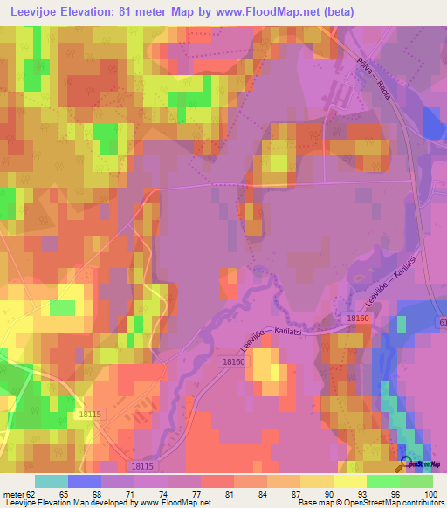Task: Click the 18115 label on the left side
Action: (x=90, y=415)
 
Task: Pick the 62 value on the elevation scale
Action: (x=33, y=494)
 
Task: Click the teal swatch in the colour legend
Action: (x=52, y=481)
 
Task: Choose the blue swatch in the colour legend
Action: (x=85, y=481)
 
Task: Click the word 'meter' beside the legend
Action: (x=12, y=494)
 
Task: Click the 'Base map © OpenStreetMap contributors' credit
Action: (x=369, y=503)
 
